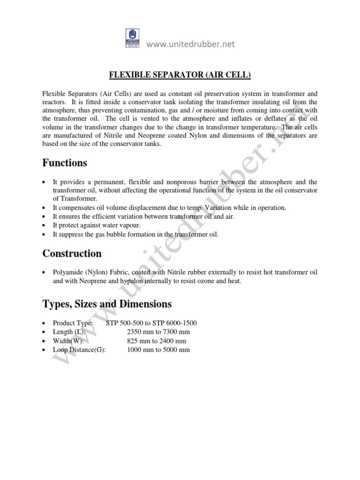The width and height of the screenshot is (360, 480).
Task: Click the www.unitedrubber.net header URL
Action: point(191,44)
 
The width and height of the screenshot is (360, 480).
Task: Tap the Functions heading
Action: point(65,163)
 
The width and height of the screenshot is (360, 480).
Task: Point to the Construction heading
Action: point(72,254)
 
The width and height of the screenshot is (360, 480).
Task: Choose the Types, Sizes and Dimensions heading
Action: point(107,304)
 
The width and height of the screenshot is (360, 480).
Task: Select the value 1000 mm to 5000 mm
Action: point(158,350)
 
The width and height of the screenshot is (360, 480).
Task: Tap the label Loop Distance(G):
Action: point(79,350)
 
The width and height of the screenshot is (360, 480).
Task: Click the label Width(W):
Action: point(68,341)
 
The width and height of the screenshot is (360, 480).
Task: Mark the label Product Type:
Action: point(73,323)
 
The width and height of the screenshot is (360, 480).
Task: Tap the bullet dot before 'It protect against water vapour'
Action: point(44,225)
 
